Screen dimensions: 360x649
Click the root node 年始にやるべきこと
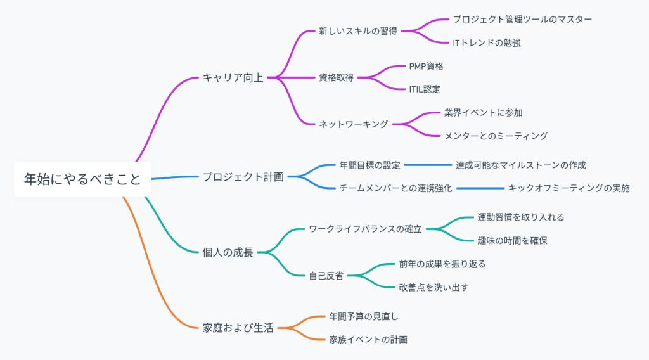(82, 179)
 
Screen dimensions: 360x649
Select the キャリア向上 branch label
(233, 78)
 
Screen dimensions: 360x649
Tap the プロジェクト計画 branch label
(243, 176)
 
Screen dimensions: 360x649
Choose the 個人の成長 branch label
(228, 252)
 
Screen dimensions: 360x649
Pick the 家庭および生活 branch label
(238, 328)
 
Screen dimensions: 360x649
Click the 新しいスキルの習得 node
(358, 31)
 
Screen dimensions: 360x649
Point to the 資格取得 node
(336, 78)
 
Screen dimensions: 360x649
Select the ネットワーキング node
(353, 124)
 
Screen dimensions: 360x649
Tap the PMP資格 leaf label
(426, 66)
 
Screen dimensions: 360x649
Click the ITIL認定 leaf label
(425, 89)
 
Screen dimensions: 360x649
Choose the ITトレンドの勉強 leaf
(487, 42)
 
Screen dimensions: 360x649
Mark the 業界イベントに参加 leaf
(484, 112)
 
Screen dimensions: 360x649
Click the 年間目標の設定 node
(370, 165)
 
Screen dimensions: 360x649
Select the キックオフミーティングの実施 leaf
(569, 188)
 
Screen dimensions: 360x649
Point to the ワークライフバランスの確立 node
(365, 229)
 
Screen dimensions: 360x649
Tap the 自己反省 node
(326, 276)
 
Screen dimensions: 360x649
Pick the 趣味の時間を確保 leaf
(512, 240)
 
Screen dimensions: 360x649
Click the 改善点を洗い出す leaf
(434, 287)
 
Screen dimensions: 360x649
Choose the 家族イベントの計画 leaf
(368, 340)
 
